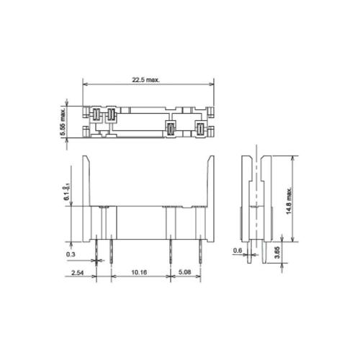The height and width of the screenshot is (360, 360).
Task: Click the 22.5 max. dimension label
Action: click(x=146, y=80)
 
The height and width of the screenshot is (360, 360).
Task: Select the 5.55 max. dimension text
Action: click(x=63, y=122)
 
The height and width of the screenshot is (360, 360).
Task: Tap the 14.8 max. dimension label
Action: click(x=289, y=201)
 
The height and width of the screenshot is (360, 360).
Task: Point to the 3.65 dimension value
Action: click(x=277, y=253)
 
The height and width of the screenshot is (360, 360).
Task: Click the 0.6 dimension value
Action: click(x=238, y=251)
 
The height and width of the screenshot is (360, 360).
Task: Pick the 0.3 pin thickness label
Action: click(x=71, y=254)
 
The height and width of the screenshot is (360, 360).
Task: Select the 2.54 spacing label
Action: click(x=78, y=273)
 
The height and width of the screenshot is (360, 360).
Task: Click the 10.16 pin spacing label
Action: click(x=139, y=272)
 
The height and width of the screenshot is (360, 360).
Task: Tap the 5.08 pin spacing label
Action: click(x=185, y=272)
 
